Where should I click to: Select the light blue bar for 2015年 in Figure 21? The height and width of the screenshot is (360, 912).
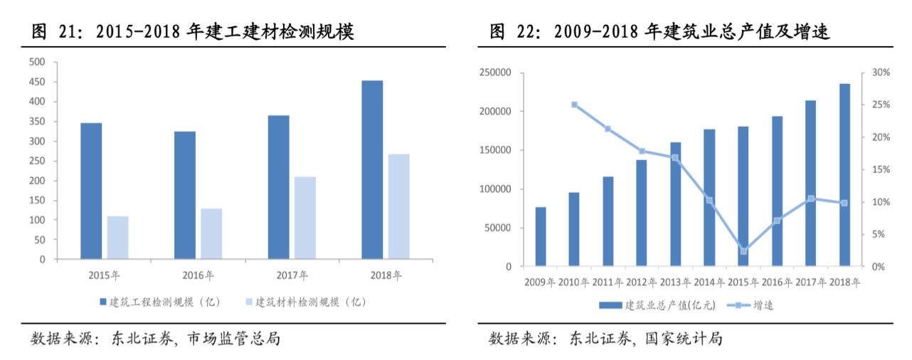117,237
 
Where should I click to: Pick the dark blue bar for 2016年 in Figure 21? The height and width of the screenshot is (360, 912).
184,195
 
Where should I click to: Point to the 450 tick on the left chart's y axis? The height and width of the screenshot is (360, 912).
36,82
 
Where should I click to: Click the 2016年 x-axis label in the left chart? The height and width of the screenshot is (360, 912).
197,275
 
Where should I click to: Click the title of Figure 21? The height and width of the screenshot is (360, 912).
193,32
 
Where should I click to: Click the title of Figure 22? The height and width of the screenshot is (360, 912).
659,32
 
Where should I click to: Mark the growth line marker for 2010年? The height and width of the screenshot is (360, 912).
574,105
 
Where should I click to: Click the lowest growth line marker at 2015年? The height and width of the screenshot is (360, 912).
743,251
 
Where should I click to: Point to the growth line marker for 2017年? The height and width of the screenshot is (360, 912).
811,198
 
